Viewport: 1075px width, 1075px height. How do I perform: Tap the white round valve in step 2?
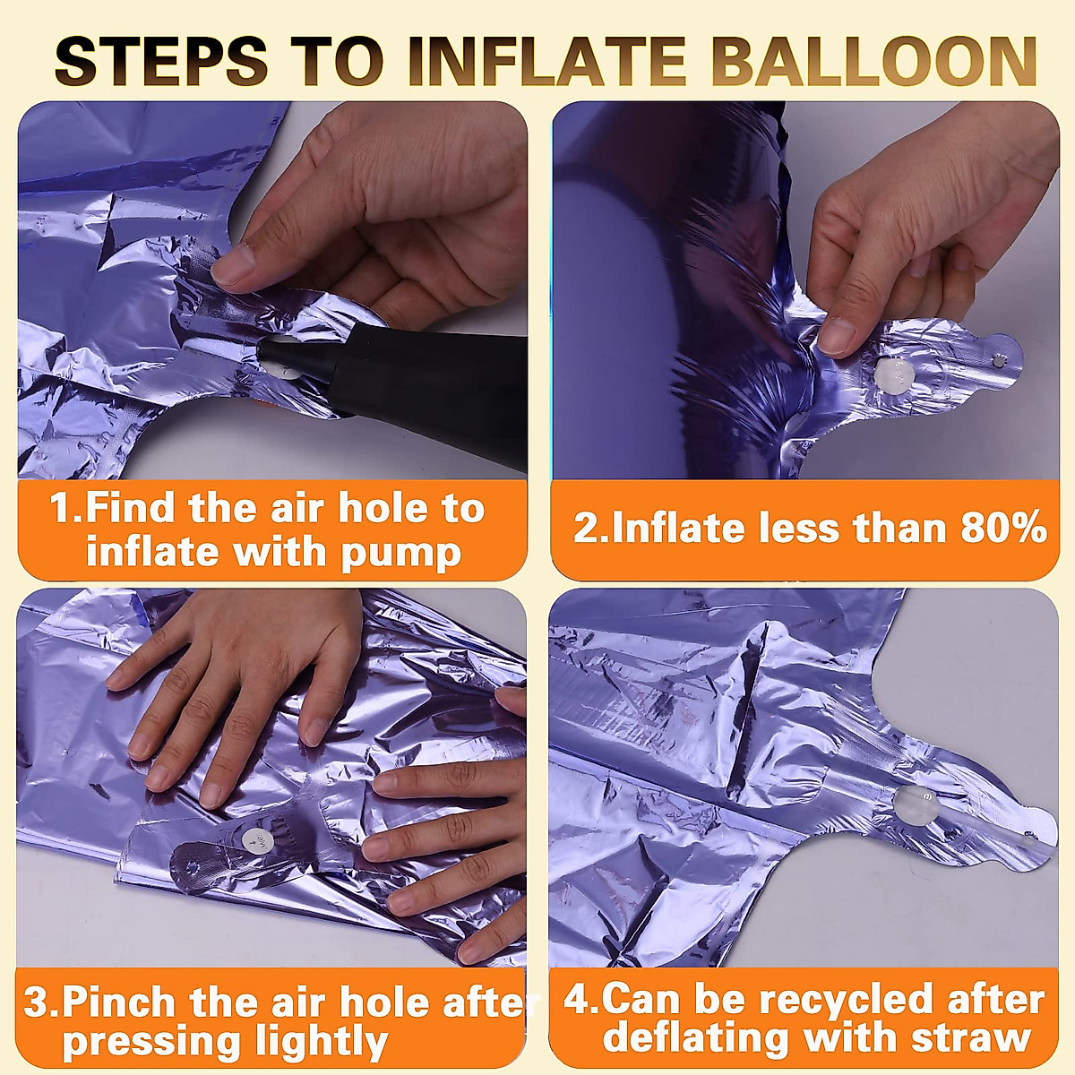pyautogui.click(x=893, y=372)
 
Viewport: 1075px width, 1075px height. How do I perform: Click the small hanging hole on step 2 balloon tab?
pyautogui.click(x=1000, y=359)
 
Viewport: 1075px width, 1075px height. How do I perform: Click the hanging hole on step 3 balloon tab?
pyautogui.click(x=189, y=867)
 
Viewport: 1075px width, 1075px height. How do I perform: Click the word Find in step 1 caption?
pyautogui.click(x=132, y=509)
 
